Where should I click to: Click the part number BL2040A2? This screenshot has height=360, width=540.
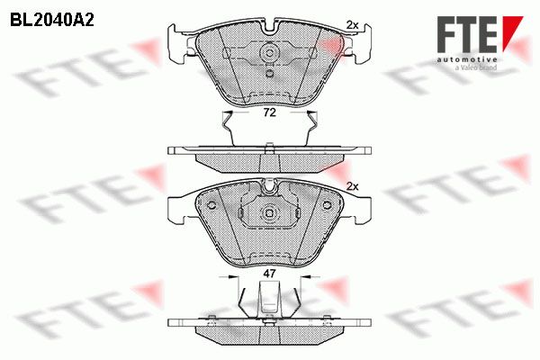pos(52,21)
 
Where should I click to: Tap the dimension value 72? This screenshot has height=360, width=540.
pos(270,112)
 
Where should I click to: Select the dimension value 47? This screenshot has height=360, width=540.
pos(269,274)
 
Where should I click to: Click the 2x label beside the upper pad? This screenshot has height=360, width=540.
pos(352,25)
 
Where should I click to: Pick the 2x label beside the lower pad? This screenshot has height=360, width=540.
pos(352,186)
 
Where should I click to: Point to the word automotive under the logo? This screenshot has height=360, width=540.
pos(467,59)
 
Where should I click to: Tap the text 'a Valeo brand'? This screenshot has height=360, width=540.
pos(475,67)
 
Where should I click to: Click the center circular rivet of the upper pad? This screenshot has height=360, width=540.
pos(270,53)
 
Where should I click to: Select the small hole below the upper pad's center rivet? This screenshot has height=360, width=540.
pos(270,73)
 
